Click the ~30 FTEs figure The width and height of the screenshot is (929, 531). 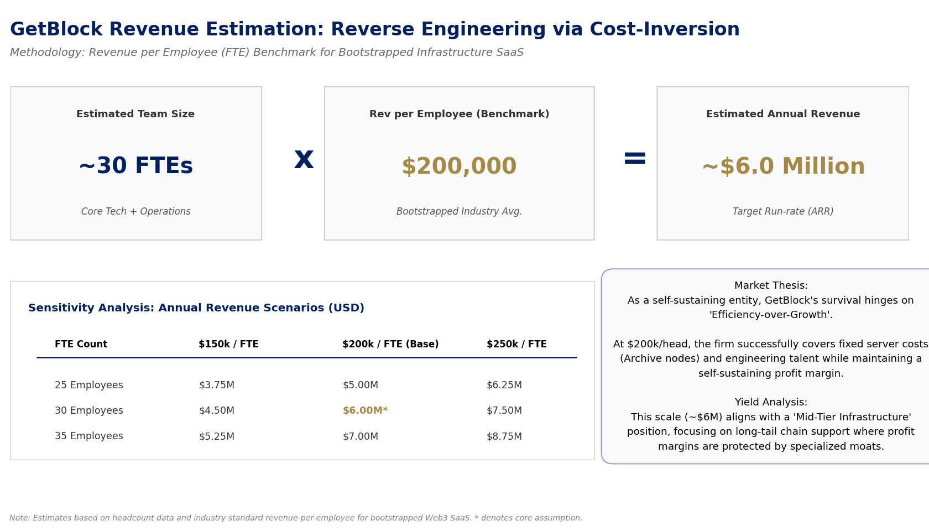pos(135,166)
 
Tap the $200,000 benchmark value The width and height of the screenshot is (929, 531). pos(459,166)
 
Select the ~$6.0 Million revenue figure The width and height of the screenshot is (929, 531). pos(783,166)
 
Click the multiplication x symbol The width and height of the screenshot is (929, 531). pos(304,159)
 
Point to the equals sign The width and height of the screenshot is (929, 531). pos(634,159)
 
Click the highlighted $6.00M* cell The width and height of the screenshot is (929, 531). pos(365,411)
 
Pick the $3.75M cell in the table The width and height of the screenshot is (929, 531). pos(217,386)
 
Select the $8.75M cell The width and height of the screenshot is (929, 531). pos(504,437)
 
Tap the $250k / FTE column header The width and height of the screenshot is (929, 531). pos(516,345)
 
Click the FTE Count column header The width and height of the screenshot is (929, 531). pos(81,345)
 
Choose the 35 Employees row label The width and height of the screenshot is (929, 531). pos(89,437)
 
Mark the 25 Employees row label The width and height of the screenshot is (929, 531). pos(89,386)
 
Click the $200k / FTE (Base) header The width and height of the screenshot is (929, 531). pos(390,345)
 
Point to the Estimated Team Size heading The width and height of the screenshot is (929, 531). pos(135,114)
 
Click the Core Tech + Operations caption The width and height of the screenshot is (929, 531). pos(135,212)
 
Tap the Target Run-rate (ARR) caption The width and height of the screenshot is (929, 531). pos(783,212)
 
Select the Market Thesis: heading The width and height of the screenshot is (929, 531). pos(771,286)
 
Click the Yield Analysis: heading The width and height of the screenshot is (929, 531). pos(771,403)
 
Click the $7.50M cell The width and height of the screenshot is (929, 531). pos(504,411)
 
